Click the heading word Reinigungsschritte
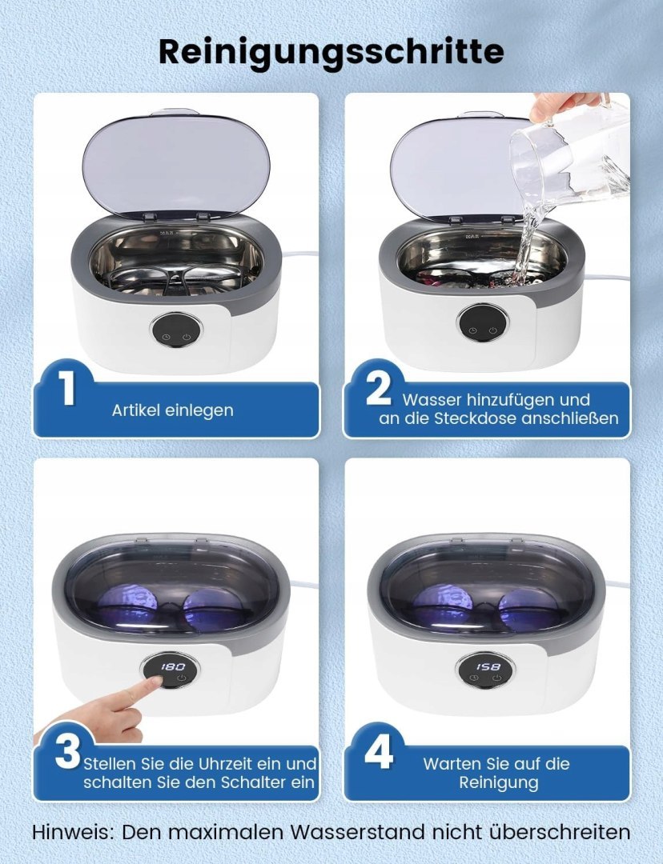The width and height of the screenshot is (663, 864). pyautogui.click(x=331, y=52)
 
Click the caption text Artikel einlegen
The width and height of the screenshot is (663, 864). pyautogui.click(x=173, y=410)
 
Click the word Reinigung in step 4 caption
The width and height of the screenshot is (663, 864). pyautogui.click(x=499, y=783)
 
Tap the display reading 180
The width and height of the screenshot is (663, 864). pyautogui.click(x=173, y=667)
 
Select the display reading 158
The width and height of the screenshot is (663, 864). pyautogui.click(x=488, y=667)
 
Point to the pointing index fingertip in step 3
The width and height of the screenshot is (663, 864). pyautogui.click(x=156, y=682)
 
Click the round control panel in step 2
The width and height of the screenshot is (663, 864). pyautogui.click(x=483, y=323)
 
